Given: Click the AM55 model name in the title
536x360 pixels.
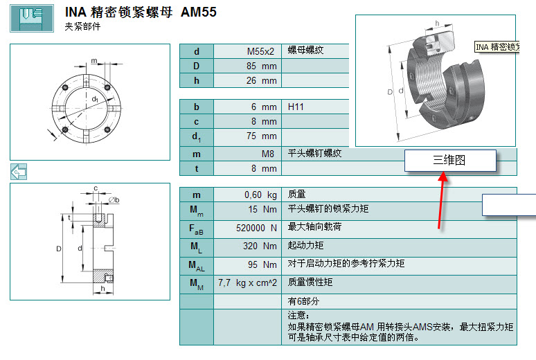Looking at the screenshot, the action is [198, 12].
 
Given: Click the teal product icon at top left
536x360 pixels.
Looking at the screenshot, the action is [32, 18].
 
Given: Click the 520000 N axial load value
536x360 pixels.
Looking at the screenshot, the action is [256, 228].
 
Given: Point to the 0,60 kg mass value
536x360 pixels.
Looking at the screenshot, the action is [260, 195].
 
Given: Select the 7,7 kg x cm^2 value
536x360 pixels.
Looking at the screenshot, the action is [247, 283].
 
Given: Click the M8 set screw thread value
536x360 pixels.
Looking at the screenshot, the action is [268, 154].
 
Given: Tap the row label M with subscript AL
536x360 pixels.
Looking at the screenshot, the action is [197, 266].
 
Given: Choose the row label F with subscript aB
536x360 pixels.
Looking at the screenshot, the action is [196, 229].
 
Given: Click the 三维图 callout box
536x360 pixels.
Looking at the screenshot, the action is [450, 160].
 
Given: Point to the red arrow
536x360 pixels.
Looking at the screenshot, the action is [441, 200].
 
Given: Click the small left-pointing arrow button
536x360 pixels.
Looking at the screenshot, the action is [19, 172].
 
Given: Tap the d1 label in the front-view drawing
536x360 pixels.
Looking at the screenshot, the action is [95, 99].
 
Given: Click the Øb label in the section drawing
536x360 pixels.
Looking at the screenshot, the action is [114, 199].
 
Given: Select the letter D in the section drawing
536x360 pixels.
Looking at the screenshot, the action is [59, 249].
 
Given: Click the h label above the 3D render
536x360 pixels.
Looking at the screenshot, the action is [437, 24].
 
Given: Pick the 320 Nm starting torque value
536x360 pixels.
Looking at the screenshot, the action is [260, 246].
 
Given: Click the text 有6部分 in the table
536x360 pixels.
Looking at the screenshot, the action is [303, 301].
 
